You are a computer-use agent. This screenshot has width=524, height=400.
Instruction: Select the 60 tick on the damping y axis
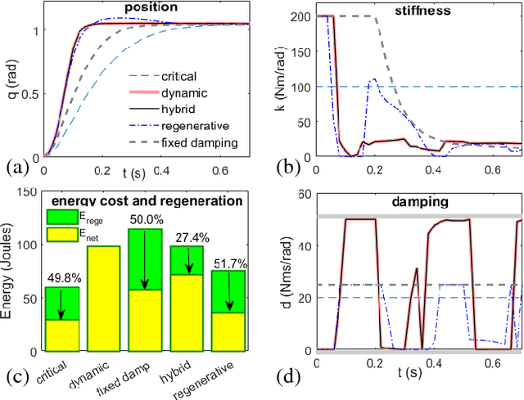tap(305, 194)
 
